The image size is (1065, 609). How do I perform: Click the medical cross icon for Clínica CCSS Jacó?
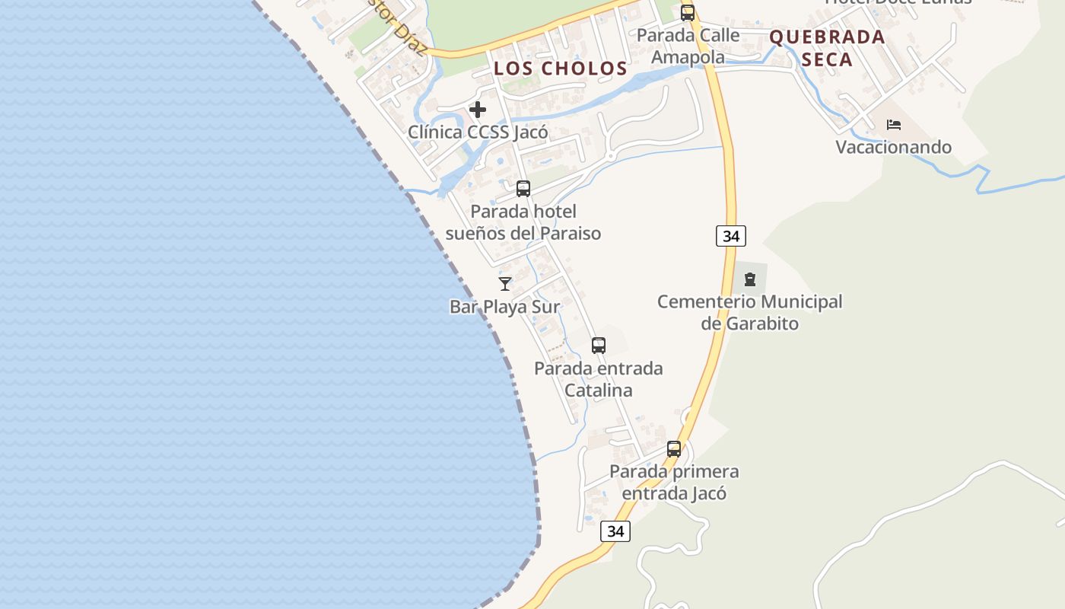[478, 110]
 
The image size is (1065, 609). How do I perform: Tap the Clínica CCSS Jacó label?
[478, 132]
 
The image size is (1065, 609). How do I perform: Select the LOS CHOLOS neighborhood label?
[561, 69]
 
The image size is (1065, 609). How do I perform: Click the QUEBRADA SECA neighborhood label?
[828, 48]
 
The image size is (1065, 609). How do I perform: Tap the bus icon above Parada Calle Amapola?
[688, 13]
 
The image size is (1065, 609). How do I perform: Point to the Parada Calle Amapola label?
[688, 46]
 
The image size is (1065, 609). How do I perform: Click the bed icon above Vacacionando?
[894, 124]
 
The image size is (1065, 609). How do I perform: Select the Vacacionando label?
[894, 147]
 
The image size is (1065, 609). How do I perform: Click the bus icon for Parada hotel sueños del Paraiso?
[523, 189]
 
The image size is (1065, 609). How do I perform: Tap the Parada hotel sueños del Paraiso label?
[523, 222]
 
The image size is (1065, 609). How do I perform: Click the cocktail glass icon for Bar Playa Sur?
[505, 284]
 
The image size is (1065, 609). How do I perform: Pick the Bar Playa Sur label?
[505, 307]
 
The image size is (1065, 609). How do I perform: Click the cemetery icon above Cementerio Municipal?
[750, 279]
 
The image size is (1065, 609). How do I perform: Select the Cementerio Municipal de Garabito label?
[750, 312]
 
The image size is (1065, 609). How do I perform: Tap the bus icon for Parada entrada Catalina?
[599, 346]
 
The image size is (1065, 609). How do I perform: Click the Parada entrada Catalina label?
[599, 379]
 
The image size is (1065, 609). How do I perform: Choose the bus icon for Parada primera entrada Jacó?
[674, 449]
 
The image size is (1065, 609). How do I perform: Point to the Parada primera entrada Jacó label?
[674, 482]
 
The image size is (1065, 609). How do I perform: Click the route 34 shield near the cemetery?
[731, 236]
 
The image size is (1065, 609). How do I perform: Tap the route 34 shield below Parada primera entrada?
[615, 531]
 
